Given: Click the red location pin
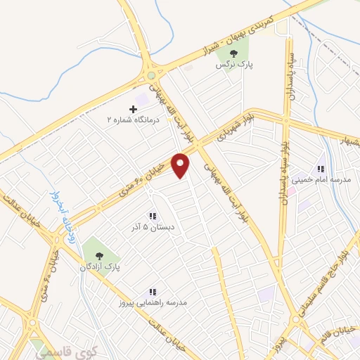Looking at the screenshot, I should tap(181, 165).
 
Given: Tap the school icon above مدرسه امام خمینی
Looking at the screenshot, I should tap(321, 169).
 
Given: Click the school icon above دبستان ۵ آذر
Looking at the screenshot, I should tap(152, 216).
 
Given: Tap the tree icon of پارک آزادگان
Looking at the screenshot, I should tap(98, 255).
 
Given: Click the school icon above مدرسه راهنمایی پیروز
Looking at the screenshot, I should tap(152, 292).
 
